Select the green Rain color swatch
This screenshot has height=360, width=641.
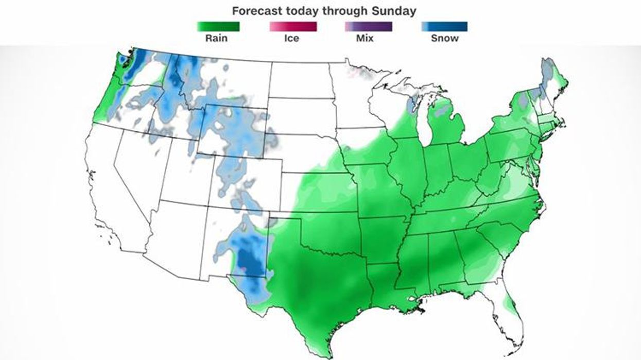pyautogui.click(x=218, y=26)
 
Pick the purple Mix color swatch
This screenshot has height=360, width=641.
pyautogui.click(x=368, y=26)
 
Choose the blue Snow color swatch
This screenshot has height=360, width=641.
pyautogui.click(x=444, y=26)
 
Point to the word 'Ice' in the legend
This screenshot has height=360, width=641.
pyautogui.click(x=291, y=38)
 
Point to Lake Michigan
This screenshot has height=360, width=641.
pyautogui.click(x=423, y=124)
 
